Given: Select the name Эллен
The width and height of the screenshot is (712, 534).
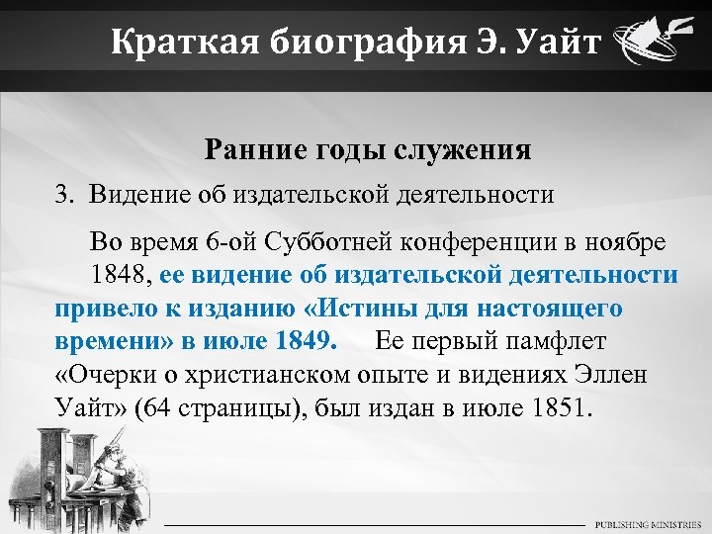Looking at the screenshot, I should coord(603,374).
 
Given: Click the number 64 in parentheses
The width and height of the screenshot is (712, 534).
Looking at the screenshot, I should coord(157,406).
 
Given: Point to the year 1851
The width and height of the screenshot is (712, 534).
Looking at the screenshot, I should coord(560,406).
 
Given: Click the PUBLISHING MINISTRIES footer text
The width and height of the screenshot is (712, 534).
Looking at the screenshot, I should coord(649,523).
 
